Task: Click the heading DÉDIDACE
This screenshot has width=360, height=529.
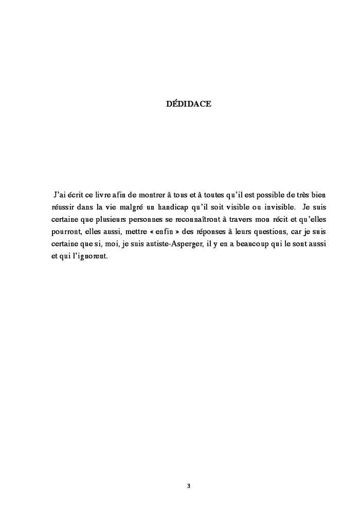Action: point(189,104)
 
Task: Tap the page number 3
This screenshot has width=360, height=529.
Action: point(189,486)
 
